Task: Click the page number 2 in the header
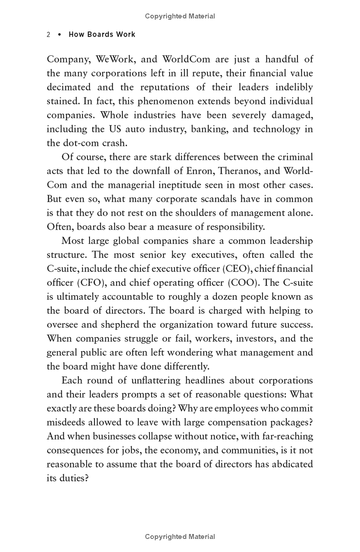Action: (49, 35)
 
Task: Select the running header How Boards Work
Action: (102, 35)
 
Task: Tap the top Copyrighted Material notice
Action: (180, 16)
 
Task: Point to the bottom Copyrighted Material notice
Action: (180, 536)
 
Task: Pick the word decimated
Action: (69, 87)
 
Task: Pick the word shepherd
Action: (118, 325)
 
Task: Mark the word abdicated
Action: (292, 464)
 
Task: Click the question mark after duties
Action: (87, 478)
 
